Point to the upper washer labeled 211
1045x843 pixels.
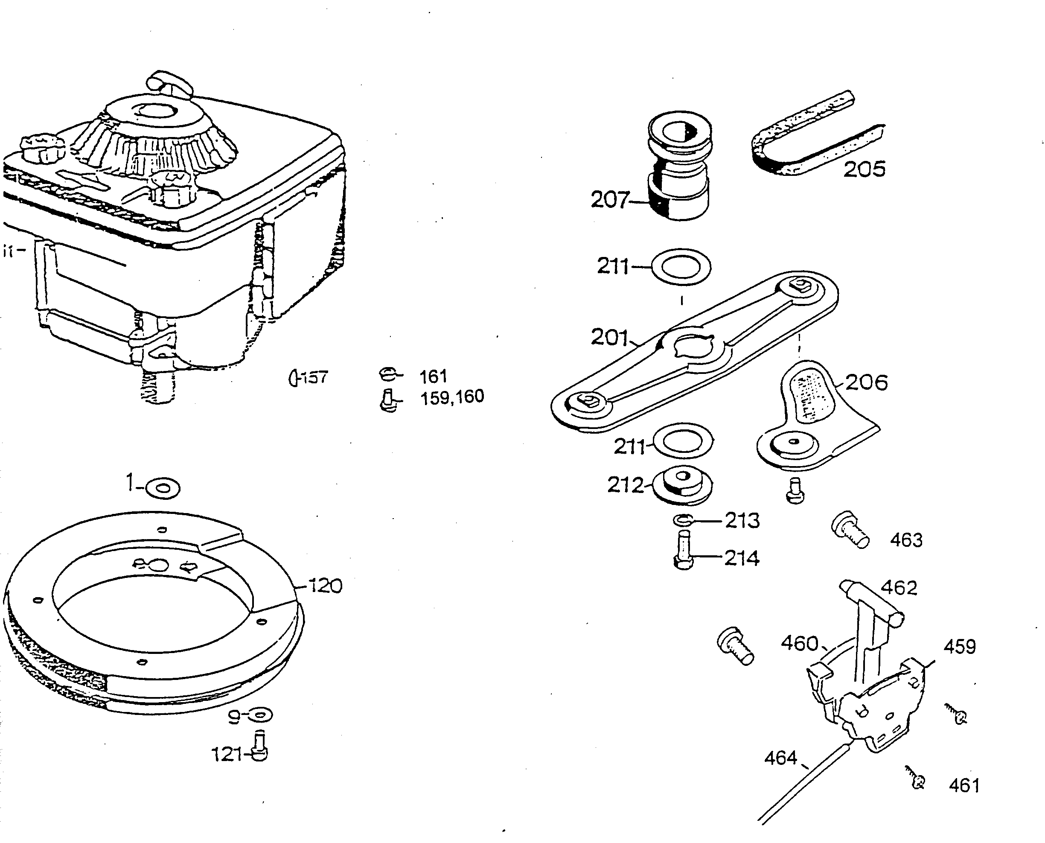tap(681, 267)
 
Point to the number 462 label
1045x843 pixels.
tap(899, 588)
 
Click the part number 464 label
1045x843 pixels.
tap(780, 758)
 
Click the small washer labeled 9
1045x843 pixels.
tap(261, 715)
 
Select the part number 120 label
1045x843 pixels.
tap(326, 586)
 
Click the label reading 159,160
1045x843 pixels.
tap(452, 397)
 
